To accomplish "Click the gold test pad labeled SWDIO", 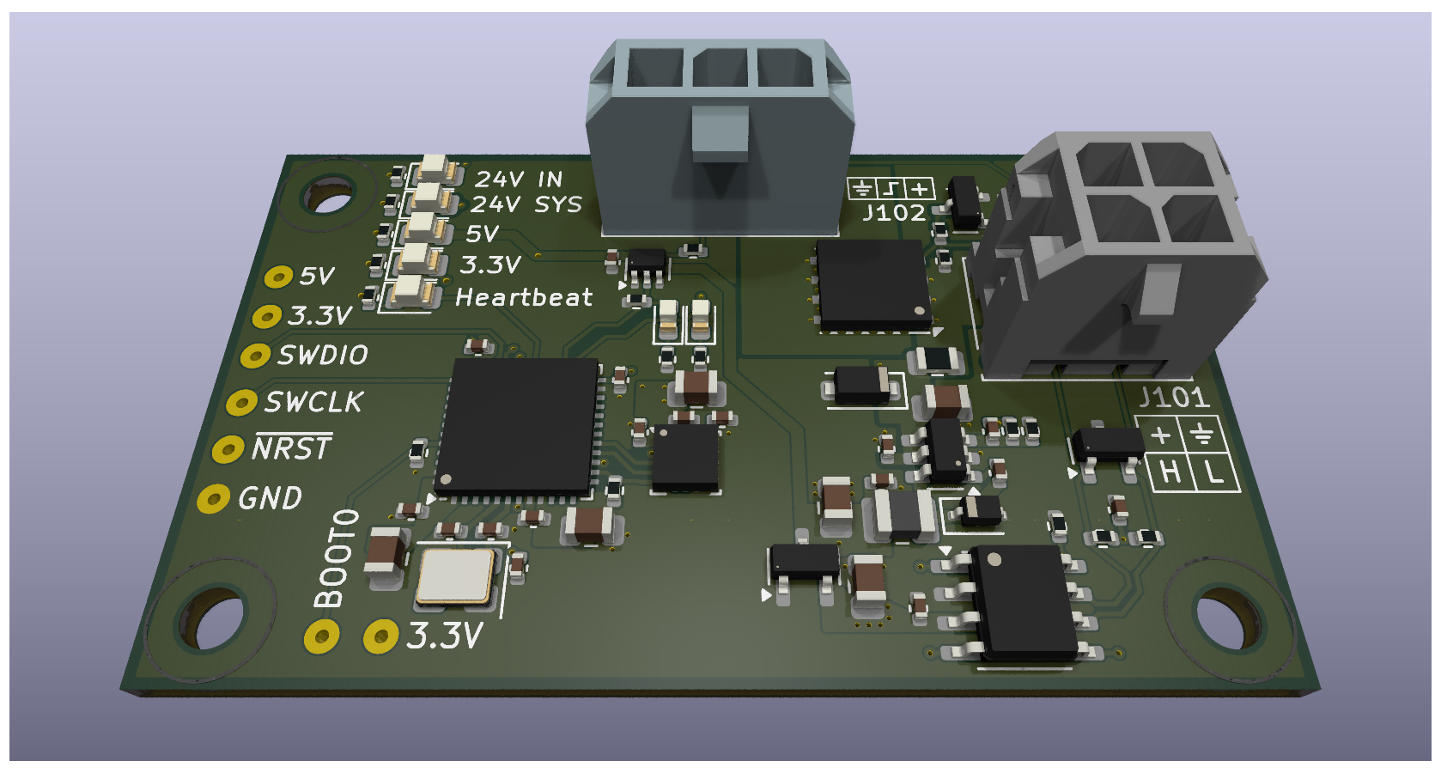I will pos(255,356).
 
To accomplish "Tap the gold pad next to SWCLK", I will pos(241,402).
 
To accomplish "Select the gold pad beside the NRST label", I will pos(228,449).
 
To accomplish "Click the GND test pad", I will pos(213,499).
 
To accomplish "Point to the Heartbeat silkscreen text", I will pos(524,297).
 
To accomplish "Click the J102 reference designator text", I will pos(894,213).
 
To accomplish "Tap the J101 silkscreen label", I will pos(1174,398).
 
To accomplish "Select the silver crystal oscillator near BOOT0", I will pos(455,576).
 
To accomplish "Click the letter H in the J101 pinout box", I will pos(1169,472).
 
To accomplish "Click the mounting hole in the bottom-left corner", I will pos(210,620).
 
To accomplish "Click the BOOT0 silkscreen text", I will pos(336,558).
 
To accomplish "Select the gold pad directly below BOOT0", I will pos(322,637).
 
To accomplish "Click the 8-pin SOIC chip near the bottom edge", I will pos(1023,603).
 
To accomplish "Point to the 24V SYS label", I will pos(526,204).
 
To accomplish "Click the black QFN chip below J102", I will pos(872,284).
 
